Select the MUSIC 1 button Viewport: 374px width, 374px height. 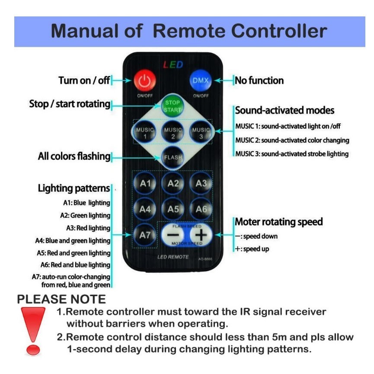145,133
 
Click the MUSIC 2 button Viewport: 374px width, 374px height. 173,133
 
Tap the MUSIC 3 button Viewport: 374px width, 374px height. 201,133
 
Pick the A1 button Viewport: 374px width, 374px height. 145,183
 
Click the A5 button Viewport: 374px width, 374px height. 173,209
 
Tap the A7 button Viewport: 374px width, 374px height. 145,235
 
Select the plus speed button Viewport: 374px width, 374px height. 200,235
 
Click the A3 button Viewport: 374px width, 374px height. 201,183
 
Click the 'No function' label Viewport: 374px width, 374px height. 259,80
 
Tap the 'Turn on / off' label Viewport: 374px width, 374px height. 84,80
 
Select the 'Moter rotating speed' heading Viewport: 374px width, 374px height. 278,222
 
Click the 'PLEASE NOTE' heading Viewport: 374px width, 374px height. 61,299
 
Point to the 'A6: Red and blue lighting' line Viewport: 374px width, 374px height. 80,265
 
